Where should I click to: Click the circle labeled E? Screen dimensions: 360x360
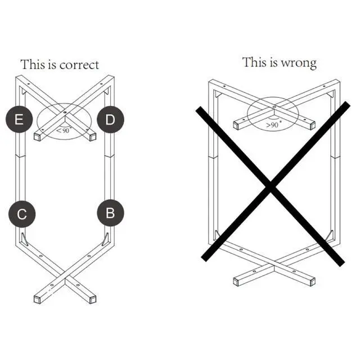19,119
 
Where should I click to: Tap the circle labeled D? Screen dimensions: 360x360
110,119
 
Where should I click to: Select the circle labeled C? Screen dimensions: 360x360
22,214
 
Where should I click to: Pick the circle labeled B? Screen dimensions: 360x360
110,213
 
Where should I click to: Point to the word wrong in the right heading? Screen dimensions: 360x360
300,62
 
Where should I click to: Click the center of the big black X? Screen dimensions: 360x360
272,187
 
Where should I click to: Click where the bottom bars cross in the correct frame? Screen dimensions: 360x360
65,278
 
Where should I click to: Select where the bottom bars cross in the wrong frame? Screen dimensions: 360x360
273,263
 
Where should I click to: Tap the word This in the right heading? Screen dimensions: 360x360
254,62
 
